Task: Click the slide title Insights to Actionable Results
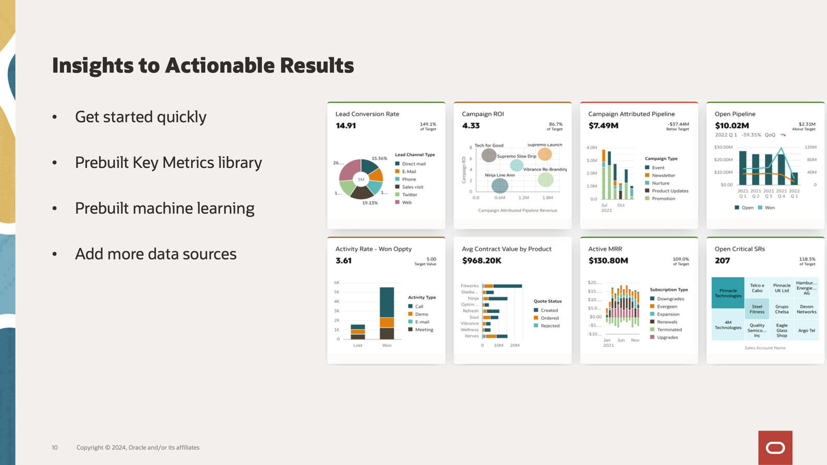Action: [x=203, y=66]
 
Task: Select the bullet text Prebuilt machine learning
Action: [x=164, y=208]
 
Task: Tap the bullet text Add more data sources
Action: [x=156, y=254]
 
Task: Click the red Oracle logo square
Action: [x=775, y=447]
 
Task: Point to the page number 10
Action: [x=55, y=447]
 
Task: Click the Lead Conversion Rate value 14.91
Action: [x=345, y=126]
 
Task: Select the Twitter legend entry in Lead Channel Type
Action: [x=409, y=195]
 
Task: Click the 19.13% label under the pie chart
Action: [x=370, y=203]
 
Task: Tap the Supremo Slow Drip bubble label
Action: [x=516, y=156]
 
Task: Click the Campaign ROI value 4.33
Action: [x=470, y=126]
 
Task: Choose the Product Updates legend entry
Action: [x=669, y=191]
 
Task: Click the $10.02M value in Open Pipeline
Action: [x=731, y=126]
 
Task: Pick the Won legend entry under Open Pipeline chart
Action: [x=769, y=208]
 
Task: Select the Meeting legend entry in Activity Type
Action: [x=423, y=330]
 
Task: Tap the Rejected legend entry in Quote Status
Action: [x=549, y=326]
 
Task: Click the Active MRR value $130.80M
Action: [x=608, y=260]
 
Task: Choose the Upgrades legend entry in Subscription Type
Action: [x=667, y=337]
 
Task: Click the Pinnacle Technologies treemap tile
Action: [x=728, y=293]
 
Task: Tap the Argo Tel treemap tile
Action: [x=806, y=331]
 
